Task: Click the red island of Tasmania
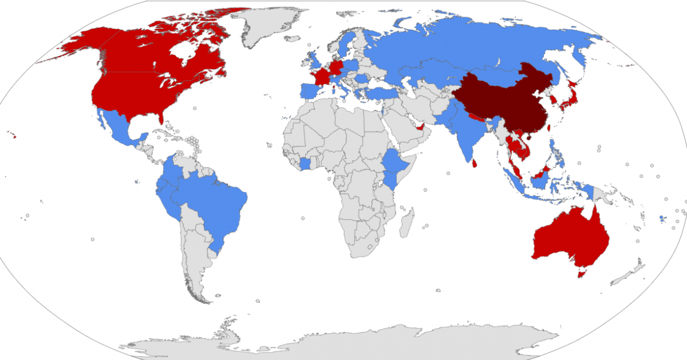(582, 274)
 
